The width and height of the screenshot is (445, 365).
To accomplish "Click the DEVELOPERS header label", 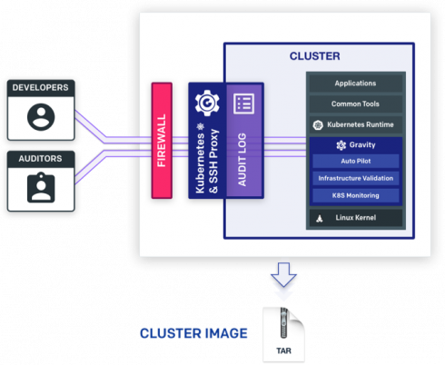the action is click(x=40, y=87).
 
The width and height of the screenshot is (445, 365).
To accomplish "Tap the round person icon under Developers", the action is click(x=41, y=117).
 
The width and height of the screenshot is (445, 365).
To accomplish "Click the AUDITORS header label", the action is click(x=40, y=159).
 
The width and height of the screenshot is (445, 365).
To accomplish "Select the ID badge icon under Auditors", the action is click(x=41, y=187).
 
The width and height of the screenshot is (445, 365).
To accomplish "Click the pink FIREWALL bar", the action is click(x=162, y=141).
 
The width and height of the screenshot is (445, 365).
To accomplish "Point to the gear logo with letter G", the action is click(x=207, y=103).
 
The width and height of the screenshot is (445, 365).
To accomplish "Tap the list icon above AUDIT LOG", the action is click(x=244, y=104).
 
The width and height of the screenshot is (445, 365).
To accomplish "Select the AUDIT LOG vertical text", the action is click(x=242, y=160).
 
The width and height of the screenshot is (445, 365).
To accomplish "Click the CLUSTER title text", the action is click(x=315, y=56).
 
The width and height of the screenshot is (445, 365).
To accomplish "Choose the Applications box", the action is click(x=356, y=84).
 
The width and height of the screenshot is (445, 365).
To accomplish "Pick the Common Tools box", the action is click(x=356, y=104).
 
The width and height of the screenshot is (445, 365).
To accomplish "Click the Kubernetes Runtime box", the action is click(x=356, y=124).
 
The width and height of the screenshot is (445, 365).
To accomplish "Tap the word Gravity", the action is click(x=362, y=145).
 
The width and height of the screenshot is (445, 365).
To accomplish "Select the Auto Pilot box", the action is click(x=356, y=162).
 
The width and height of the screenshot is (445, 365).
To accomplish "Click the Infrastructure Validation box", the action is click(x=356, y=178).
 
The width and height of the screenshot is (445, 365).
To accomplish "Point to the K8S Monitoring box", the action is click(x=356, y=195).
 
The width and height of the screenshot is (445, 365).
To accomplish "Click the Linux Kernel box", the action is click(x=356, y=218).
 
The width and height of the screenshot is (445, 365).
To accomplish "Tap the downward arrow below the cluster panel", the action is click(x=283, y=274).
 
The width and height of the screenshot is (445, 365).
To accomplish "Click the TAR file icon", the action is click(x=283, y=334).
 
